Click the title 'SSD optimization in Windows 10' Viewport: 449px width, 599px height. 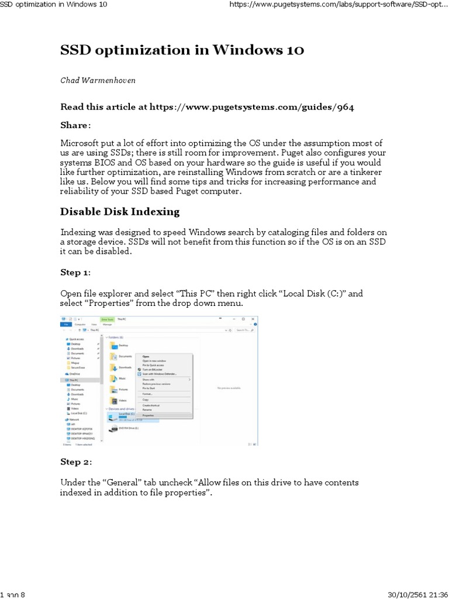coord(182,50)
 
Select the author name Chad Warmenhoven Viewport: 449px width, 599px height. coord(98,80)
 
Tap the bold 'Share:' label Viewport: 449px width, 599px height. coord(75,125)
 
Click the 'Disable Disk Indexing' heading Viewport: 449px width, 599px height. coord(120,211)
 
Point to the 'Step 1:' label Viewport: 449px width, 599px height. coord(75,272)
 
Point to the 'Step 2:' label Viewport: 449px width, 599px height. coord(75,462)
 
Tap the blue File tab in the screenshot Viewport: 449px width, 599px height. coord(66,323)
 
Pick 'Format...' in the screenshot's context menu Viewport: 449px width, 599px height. coord(148,394)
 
